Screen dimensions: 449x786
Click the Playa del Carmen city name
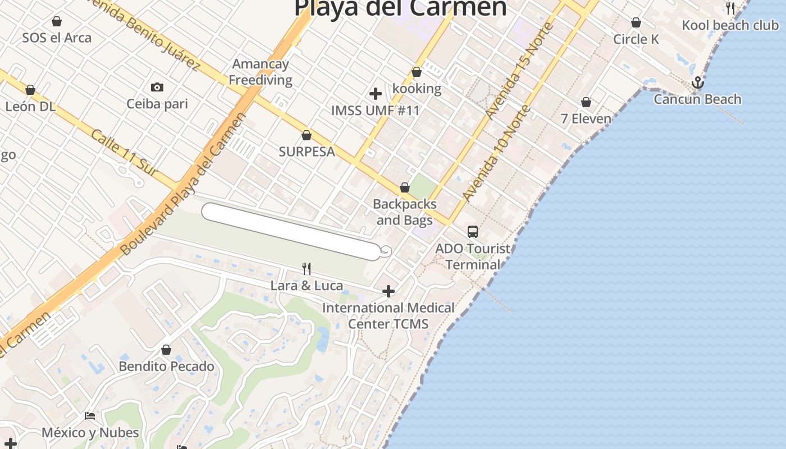[x=400, y=8]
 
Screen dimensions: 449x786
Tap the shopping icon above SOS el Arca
[x=56, y=22]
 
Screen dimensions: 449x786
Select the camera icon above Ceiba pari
[x=157, y=87]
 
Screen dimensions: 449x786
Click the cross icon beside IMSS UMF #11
[x=376, y=94]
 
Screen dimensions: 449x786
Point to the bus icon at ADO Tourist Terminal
[x=473, y=231]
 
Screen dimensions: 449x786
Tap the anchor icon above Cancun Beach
[x=697, y=83]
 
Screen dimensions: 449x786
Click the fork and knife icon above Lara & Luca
[x=307, y=269]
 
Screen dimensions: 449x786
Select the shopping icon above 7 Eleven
[x=586, y=103]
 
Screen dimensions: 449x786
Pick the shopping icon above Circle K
[x=636, y=22]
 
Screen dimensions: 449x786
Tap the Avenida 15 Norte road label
[x=519, y=70]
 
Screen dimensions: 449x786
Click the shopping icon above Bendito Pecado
[x=166, y=350]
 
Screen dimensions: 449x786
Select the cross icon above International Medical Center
[x=388, y=291]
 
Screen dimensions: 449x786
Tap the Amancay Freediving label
[x=261, y=72]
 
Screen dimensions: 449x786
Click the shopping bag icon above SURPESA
[x=307, y=135]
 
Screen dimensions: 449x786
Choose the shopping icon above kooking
[x=417, y=72]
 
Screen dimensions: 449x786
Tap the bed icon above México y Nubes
[x=90, y=416]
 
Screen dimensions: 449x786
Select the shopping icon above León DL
[x=30, y=90]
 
